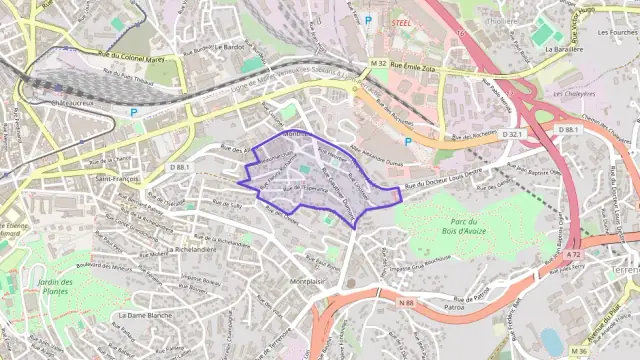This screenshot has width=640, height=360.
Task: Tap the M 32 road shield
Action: tap(376, 64)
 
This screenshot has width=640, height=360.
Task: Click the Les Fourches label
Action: tap(617, 31)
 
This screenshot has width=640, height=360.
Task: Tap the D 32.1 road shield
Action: tap(512, 133)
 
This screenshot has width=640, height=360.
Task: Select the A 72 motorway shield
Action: tap(572, 256)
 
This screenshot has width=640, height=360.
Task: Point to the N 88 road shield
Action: tap(405, 302)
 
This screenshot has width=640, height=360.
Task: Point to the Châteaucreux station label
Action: tap(70, 101)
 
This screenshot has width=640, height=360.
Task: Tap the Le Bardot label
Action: tap(231, 47)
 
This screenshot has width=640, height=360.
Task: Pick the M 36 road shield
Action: tap(578, 351)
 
